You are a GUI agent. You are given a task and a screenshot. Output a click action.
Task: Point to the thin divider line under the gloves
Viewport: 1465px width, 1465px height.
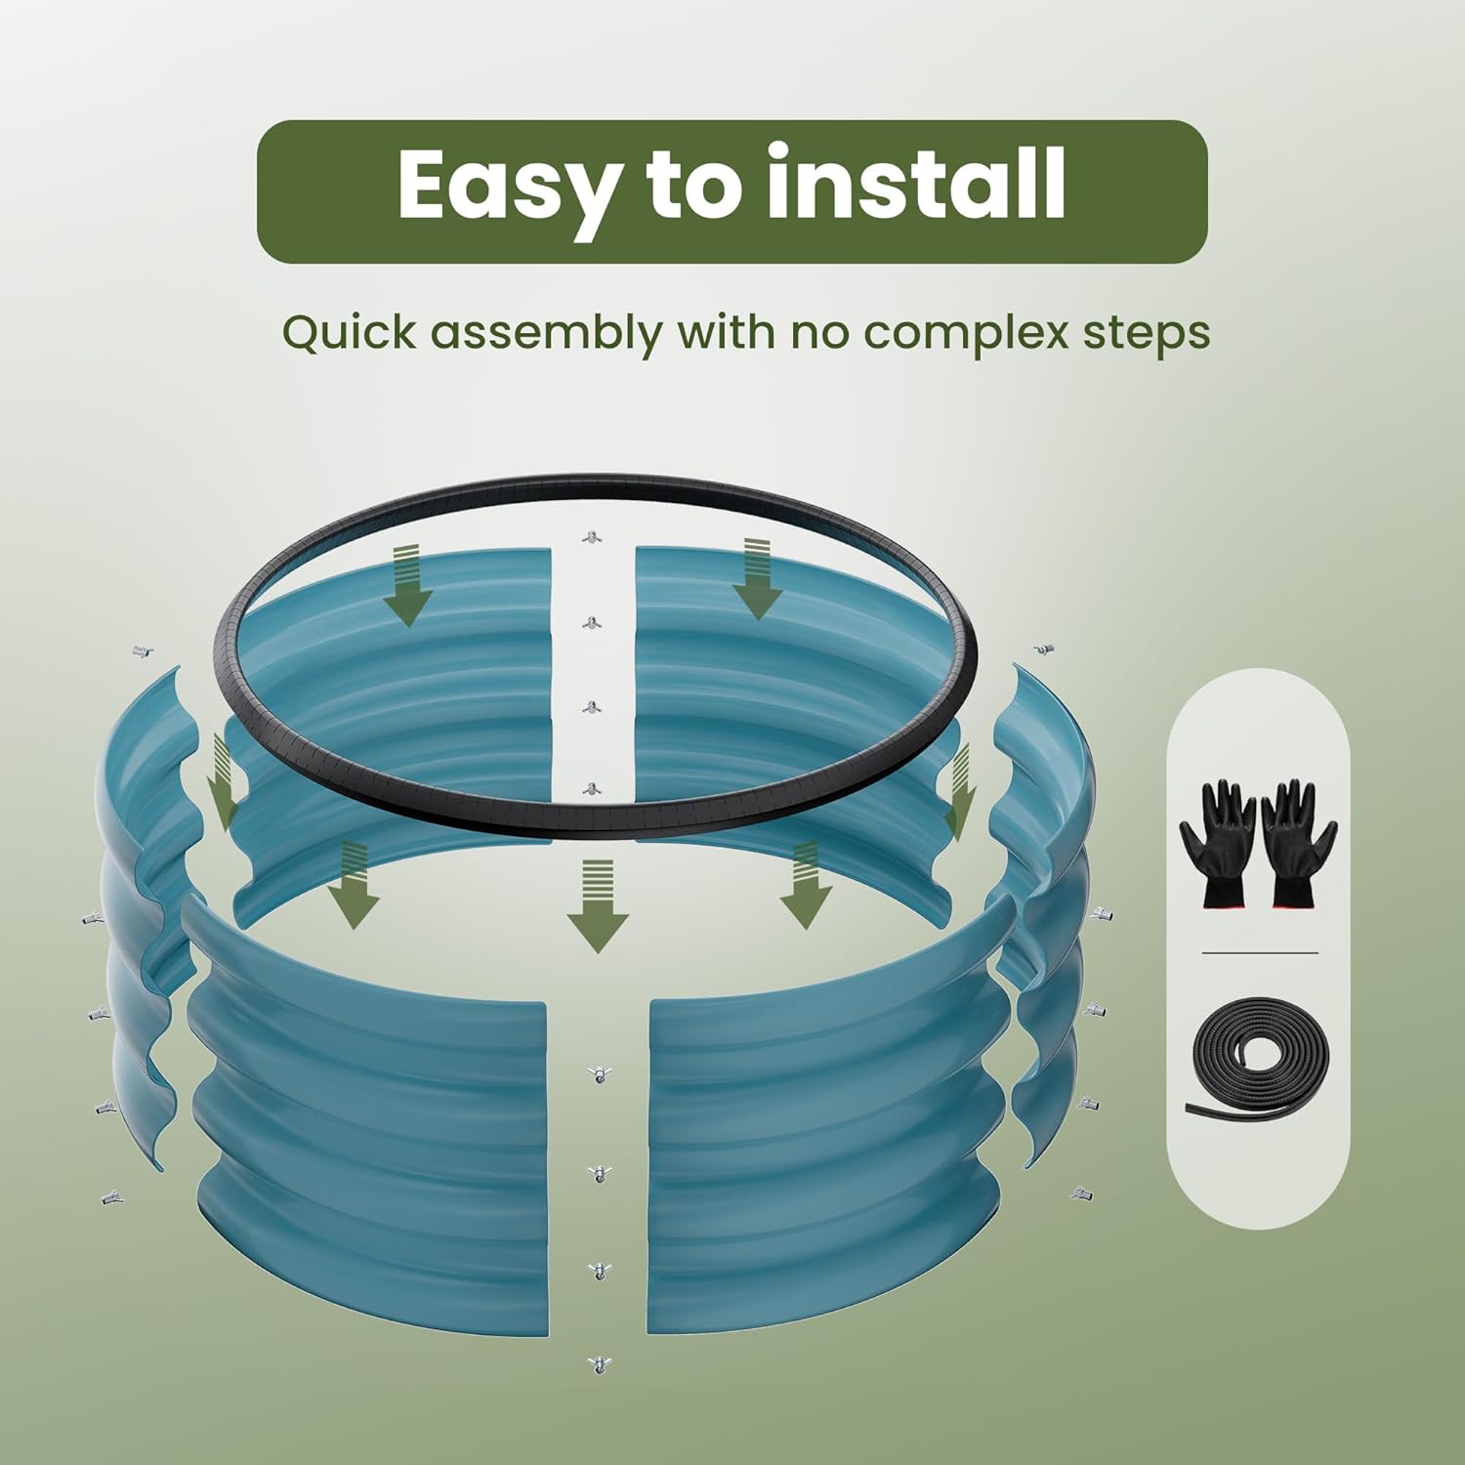point(1260,952)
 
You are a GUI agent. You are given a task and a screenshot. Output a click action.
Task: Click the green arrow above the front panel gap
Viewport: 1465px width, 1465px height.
point(598,905)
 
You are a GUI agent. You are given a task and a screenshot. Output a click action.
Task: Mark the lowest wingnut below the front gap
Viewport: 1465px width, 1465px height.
point(598,1363)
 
